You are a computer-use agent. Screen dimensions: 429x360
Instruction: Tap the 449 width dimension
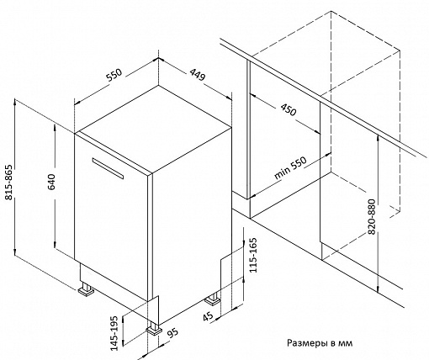[198, 75]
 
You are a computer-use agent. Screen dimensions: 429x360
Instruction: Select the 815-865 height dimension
[9, 182]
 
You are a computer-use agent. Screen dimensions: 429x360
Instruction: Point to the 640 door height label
[52, 182]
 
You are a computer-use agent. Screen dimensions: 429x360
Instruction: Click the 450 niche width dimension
[289, 109]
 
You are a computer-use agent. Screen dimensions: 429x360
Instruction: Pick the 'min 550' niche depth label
[290, 167]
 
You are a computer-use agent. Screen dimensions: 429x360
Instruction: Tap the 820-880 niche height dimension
[371, 217]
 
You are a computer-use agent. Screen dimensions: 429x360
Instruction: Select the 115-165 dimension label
[253, 255]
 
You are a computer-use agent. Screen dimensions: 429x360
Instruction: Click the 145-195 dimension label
[114, 333]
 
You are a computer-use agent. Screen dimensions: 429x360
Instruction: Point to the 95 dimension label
[172, 332]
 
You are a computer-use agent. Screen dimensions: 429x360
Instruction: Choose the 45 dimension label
[208, 316]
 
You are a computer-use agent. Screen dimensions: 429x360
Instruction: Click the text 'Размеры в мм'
[320, 343]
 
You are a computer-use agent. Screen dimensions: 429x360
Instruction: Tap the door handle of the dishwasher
[108, 168]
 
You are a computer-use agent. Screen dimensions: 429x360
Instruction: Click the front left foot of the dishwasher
[86, 289]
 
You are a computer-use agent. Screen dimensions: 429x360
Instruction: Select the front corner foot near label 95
[154, 328]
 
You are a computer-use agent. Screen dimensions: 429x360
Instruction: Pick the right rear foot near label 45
[213, 299]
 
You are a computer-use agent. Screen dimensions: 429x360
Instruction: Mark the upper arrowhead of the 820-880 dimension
[379, 137]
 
